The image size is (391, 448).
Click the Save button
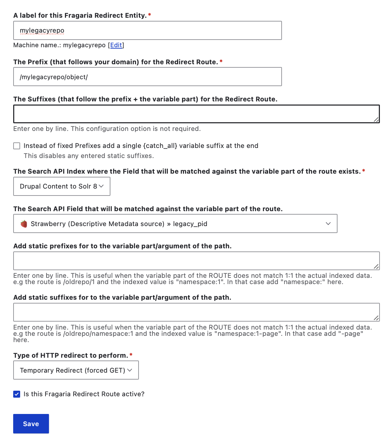pyautogui.click(x=31, y=424)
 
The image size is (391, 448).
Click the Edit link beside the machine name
pyautogui.click(x=116, y=45)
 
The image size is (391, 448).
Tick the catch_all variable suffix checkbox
pyautogui.click(x=17, y=146)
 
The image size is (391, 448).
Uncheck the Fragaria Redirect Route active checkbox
pyautogui.click(x=17, y=394)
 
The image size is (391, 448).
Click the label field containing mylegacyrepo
pyautogui.click(x=147, y=31)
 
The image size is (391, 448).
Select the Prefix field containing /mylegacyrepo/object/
pyautogui.click(x=147, y=77)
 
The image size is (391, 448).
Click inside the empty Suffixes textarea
pyautogui.click(x=196, y=114)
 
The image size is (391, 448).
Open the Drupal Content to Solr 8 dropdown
pyautogui.click(x=62, y=186)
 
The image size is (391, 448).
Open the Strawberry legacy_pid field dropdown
pyautogui.click(x=175, y=224)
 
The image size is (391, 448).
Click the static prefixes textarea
pyautogui.click(x=196, y=261)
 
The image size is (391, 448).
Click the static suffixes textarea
pyautogui.click(x=196, y=312)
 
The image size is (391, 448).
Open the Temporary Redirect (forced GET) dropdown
pyautogui.click(x=76, y=370)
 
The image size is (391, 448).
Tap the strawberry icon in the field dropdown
pyautogui.click(x=24, y=224)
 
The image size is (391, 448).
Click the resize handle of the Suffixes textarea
pyautogui.click(x=376, y=119)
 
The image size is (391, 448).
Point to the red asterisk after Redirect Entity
pyautogui.click(x=150, y=15)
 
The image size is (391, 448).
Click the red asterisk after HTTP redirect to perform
pyautogui.click(x=131, y=355)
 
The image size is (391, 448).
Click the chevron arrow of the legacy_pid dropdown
pyautogui.click(x=328, y=224)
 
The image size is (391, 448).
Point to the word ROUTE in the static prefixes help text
pyautogui.click(x=220, y=276)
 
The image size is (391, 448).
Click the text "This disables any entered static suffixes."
pyautogui.click(x=89, y=156)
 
